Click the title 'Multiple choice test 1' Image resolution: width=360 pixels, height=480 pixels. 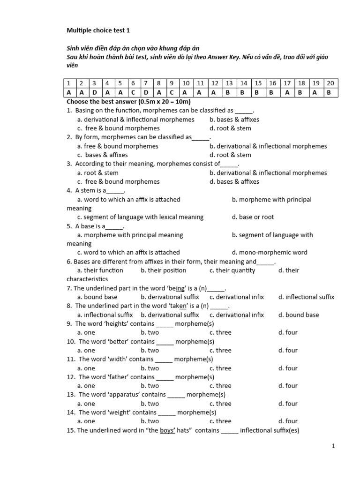coord(98,30)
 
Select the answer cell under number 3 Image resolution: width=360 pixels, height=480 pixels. coord(94,92)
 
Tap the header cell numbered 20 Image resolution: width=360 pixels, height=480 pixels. coord(330,83)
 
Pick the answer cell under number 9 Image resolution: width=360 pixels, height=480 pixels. coord(172,92)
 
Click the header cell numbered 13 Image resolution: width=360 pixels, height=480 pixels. coord(229,83)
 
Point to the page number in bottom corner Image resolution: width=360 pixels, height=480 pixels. coord(333,447)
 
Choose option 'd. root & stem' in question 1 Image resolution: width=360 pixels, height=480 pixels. coord(230,128)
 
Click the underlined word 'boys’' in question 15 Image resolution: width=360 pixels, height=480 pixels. coord(167,430)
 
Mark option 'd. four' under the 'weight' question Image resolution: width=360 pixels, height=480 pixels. coord(288,421)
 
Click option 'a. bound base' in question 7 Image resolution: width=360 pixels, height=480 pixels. coord(97,297)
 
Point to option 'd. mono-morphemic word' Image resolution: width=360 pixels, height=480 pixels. coord(270,253)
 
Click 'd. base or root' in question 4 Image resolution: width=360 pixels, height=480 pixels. coord(253,217)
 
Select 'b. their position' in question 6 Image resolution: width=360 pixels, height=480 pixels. coord(163,270)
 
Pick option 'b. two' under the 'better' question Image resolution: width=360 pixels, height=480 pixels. coord(150,350)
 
